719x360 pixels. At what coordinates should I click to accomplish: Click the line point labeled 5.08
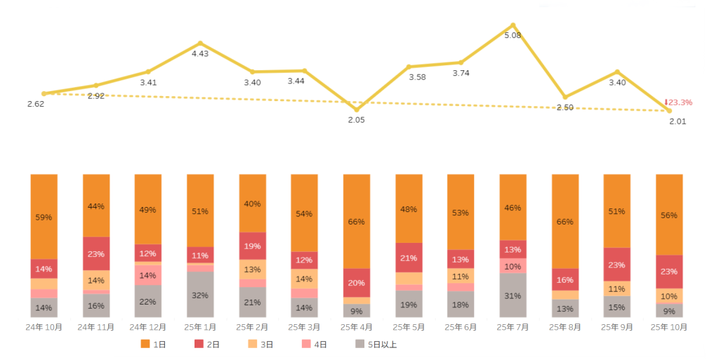click(x=513, y=25)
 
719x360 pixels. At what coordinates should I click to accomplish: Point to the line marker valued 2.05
click(x=357, y=109)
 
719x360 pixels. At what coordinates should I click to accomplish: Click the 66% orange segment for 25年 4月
click(x=357, y=222)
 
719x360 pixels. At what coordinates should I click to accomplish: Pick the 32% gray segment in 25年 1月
click(x=200, y=295)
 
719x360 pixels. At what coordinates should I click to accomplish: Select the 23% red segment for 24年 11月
click(x=96, y=254)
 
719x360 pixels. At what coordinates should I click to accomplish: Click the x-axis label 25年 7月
click(x=513, y=327)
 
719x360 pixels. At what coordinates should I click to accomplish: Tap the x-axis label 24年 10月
click(x=44, y=327)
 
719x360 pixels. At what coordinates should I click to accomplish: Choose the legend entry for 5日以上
click(x=380, y=344)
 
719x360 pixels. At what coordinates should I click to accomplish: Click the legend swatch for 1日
click(x=145, y=344)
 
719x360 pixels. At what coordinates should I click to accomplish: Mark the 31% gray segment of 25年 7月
click(x=513, y=295)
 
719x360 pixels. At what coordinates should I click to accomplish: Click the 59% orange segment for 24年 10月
click(x=44, y=217)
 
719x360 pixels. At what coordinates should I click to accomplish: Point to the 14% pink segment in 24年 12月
click(x=148, y=275)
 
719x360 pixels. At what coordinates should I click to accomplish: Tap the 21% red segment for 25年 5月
click(x=409, y=258)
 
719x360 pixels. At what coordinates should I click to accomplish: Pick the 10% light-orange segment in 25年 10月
click(x=668, y=296)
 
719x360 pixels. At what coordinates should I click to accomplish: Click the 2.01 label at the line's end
click(x=677, y=121)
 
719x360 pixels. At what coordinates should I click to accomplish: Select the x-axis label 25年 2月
click(x=252, y=327)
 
